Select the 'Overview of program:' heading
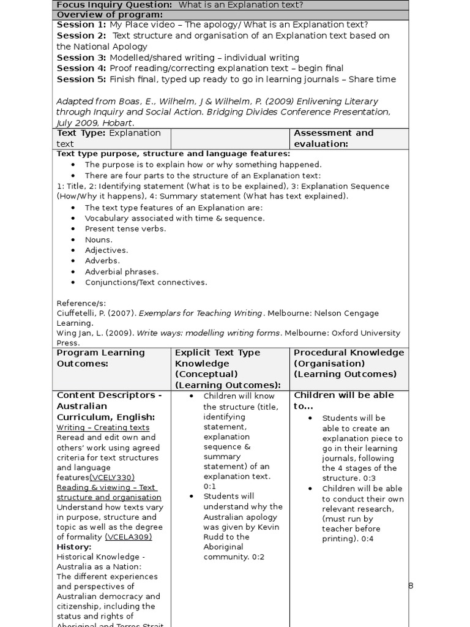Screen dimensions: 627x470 (110, 15)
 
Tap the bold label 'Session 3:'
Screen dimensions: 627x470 (81, 58)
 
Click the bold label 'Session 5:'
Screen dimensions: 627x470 (81, 79)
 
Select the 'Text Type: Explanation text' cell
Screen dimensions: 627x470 (109, 138)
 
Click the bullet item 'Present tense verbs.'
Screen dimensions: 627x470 (125, 228)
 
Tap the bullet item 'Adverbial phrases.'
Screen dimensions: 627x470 (121, 271)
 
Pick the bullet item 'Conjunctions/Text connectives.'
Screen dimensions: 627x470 (146, 282)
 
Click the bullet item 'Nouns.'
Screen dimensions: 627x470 (99, 239)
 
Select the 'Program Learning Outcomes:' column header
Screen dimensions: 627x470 (101, 358)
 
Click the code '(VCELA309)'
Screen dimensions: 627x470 (129, 537)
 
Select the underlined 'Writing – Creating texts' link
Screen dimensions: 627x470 (103, 427)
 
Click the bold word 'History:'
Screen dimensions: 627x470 (74, 547)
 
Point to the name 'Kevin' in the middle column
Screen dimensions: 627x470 (267, 527)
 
